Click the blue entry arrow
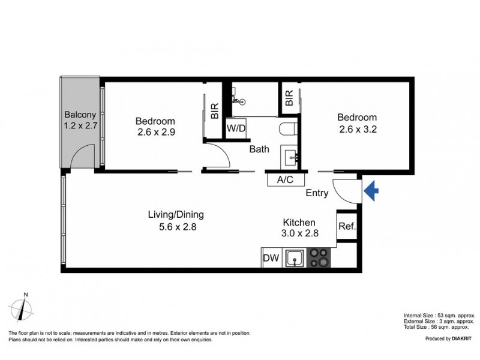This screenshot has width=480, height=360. coord(372,191)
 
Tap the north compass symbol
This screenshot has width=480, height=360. coord(25,308)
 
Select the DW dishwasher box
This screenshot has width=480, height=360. coord(270,259)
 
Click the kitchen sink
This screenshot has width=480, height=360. coord(295,259)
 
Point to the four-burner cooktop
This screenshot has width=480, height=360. coord(319,258)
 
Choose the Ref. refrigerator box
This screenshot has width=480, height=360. coord(347,227)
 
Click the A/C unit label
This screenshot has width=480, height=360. coord(285,179)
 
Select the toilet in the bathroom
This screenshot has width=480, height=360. coord(288,129)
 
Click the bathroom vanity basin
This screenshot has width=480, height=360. coord(293,157)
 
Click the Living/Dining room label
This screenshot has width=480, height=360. coord(176,215)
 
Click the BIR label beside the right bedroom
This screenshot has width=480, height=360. coord(289,98)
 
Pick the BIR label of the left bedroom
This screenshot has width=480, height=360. coord(215,112)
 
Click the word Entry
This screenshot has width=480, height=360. coord(317,193)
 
